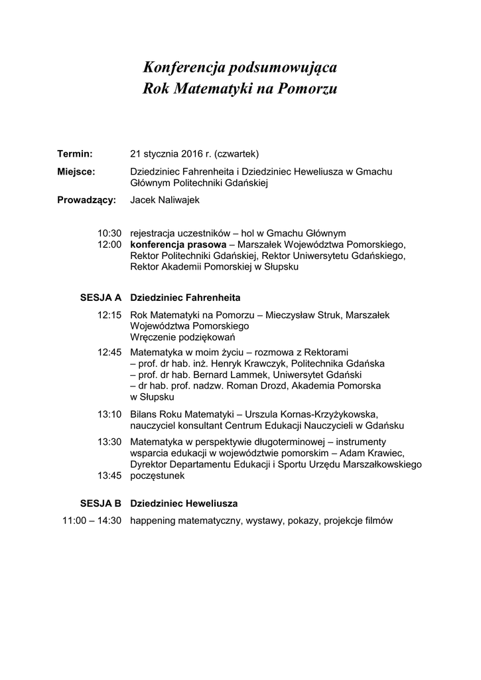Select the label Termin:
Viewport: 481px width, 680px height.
[74, 153]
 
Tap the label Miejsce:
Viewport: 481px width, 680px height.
[76, 171]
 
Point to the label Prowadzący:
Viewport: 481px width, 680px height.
[87, 199]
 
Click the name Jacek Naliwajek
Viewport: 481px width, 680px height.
[165, 199]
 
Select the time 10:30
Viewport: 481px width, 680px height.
[109, 233]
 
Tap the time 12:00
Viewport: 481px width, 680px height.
[109, 244]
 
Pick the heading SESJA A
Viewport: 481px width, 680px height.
[101, 296]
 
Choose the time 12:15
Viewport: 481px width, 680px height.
[109, 315]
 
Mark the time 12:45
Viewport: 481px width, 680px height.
[109, 352]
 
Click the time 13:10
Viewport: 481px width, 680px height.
[109, 414]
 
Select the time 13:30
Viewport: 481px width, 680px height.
[109, 442]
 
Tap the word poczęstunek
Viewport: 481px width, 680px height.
[159, 475]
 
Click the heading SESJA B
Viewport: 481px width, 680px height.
[101, 503]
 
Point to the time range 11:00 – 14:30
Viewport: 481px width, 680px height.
[92, 521]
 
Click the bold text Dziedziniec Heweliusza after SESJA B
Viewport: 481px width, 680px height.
[184, 503]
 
